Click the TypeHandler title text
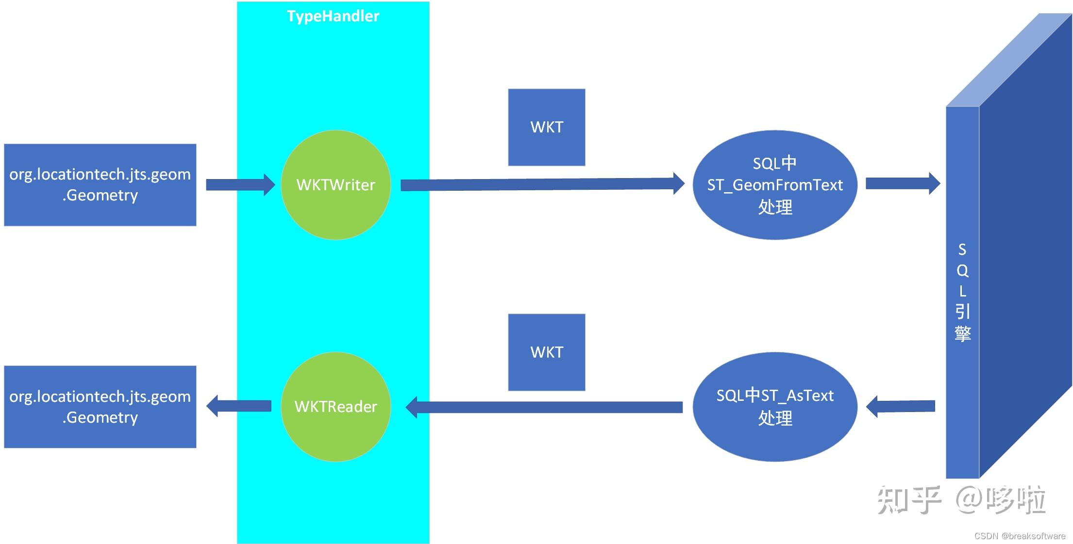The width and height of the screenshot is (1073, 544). (333, 16)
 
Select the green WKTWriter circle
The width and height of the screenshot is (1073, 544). (335, 185)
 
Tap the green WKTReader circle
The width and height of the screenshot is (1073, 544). (335, 407)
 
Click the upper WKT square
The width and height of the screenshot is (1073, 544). (546, 127)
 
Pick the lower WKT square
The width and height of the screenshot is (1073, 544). (546, 352)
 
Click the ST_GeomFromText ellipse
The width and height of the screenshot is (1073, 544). (774, 185)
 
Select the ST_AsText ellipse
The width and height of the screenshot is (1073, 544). (774, 407)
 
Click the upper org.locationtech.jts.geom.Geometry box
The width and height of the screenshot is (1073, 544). (100, 185)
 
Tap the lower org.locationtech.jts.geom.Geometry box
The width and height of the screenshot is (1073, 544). (100, 407)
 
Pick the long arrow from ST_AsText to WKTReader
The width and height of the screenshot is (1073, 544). (544, 407)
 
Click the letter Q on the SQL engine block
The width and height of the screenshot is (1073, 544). (962, 271)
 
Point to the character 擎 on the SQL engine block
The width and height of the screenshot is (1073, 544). (962, 334)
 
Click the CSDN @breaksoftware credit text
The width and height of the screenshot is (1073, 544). (1020, 536)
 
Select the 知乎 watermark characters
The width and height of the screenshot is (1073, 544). (908, 500)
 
